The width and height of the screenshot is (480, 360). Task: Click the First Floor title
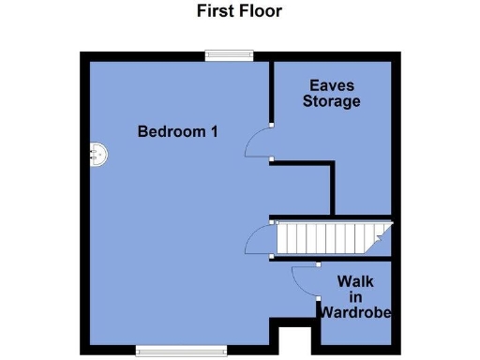coord(239,12)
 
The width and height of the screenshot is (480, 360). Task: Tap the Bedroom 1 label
coord(178,131)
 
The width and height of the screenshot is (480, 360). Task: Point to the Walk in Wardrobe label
coord(355,296)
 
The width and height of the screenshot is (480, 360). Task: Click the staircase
coord(330,236)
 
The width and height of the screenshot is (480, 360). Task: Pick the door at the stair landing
coord(258,242)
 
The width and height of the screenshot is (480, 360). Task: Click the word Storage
coord(331,101)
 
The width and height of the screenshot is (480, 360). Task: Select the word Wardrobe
coord(355,312)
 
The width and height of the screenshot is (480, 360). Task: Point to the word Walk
coord(355,280)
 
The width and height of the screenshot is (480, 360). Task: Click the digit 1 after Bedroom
coord(215,131)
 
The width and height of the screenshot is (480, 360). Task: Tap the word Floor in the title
coord(262,12)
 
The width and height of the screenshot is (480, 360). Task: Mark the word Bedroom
coord(172,131)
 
